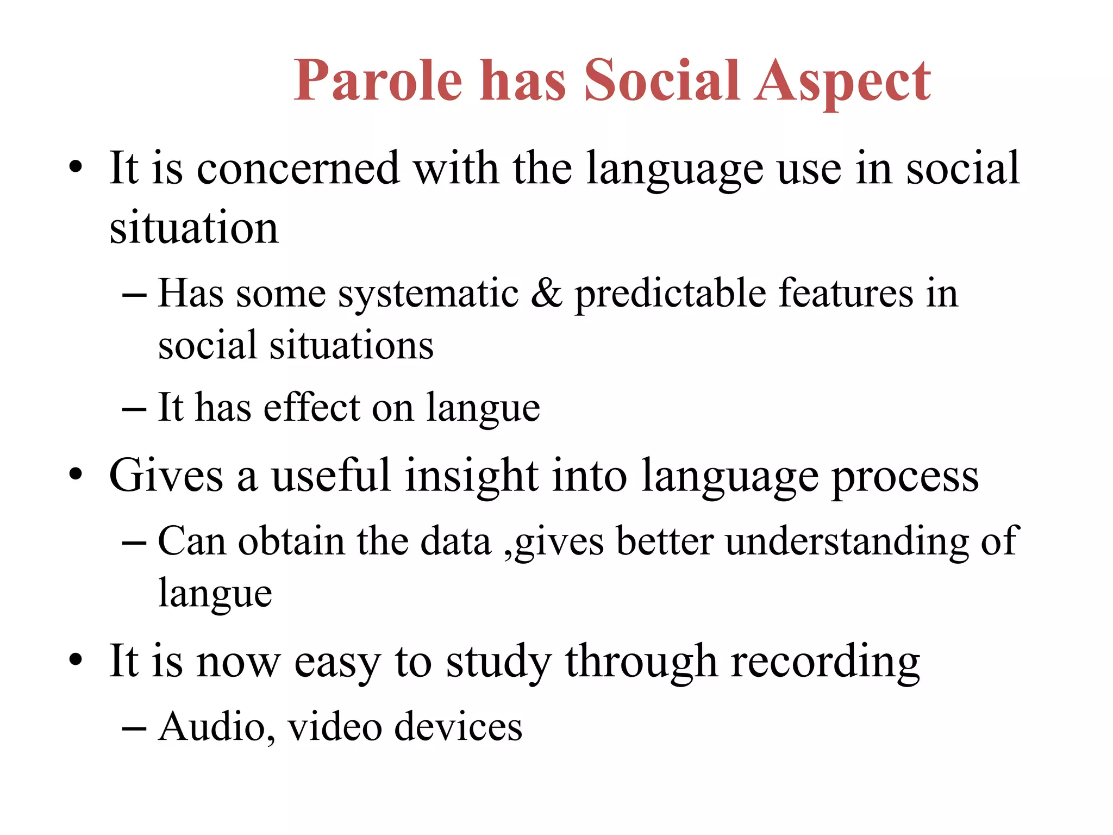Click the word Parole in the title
[x=378, y=82]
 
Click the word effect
[x=312, y=408]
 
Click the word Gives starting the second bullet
[x=166, y=476]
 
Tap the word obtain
[x=291, y=541]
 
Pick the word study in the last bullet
[x=498, y=662]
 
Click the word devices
[x=458, y=727]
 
